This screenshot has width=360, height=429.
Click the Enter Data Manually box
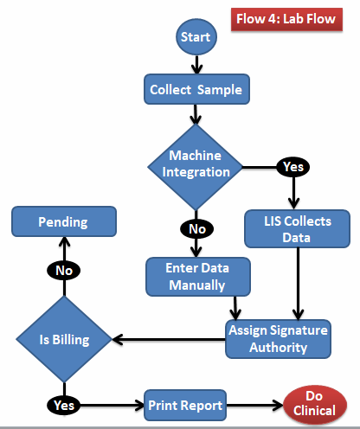pyautogui.click(x=198, y=276)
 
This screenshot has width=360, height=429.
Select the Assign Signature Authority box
pyautogui.click(x=279, y=338)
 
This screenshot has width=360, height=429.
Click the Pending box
pyautogui.click(x=63, y=222)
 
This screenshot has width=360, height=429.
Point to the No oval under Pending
pyautogui.click(x=63, y=270)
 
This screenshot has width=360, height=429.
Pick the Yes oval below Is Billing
pyautogui.click(x=63, y=404)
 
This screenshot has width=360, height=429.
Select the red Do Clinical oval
pyautogui.click(x=314, y=405)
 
